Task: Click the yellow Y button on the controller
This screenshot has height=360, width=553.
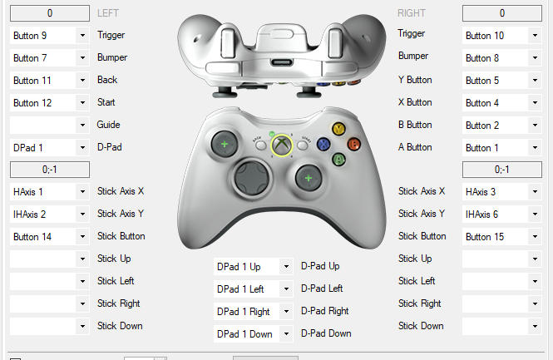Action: (338, 129)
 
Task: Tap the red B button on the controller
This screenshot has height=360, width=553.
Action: (353, 144)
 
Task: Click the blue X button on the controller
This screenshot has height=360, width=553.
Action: (323, 144)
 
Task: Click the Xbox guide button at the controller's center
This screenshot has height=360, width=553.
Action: (281, 145)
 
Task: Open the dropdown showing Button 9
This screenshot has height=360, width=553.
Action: (49, 36)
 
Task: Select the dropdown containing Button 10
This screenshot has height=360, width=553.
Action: (502, 36)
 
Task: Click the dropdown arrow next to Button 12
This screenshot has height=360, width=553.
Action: (82, 103)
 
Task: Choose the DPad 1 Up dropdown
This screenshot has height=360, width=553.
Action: (254, 267)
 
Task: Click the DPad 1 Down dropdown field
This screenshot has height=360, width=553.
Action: (254, 334)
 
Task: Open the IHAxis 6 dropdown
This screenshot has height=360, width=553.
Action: (502, 215)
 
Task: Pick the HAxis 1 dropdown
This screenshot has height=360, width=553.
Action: (49, 192)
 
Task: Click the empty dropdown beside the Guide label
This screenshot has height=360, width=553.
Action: (49, 126)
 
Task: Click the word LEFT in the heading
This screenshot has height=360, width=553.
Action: (108, 13)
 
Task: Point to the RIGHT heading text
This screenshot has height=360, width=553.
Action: (412, 13)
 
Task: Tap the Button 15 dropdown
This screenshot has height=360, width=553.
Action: (502, 237)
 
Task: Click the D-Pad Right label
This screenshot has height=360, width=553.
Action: (325, 311)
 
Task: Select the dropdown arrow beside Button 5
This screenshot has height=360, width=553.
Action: (535, 81)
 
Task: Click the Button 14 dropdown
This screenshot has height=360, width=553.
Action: (49, 237)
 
